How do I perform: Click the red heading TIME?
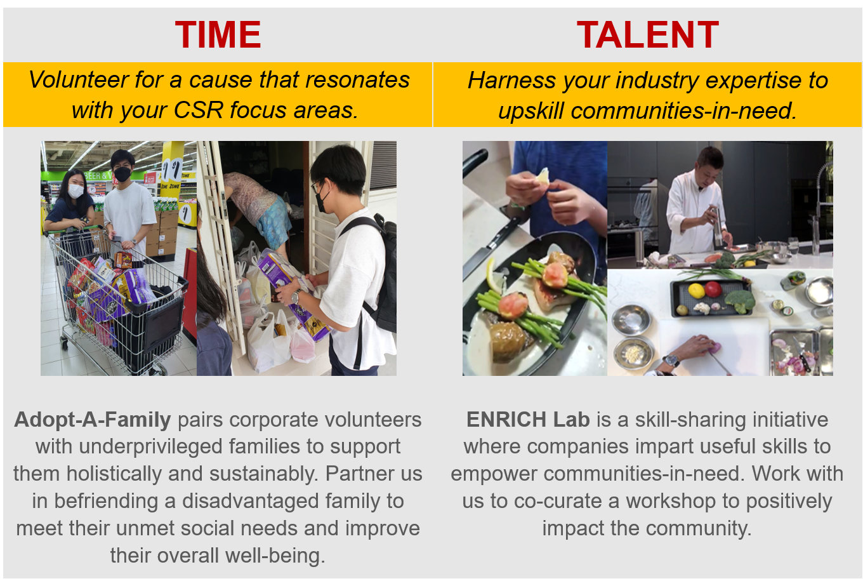coord(218,35)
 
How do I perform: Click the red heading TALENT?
coord(648,35)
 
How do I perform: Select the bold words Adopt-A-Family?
coord(93,420)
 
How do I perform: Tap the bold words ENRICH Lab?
coord(528,420)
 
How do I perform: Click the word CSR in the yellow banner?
coord(199,110)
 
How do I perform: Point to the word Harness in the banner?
coord(512,81)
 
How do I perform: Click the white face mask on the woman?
coord(76,191)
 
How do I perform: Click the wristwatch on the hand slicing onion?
coord(671,361)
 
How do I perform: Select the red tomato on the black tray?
coord(713,289)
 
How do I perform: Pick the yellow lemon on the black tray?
coord(696,291)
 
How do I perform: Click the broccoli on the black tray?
coord(740,301)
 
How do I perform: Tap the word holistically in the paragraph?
coord(114,474)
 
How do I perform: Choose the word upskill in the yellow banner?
coord(531,111)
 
